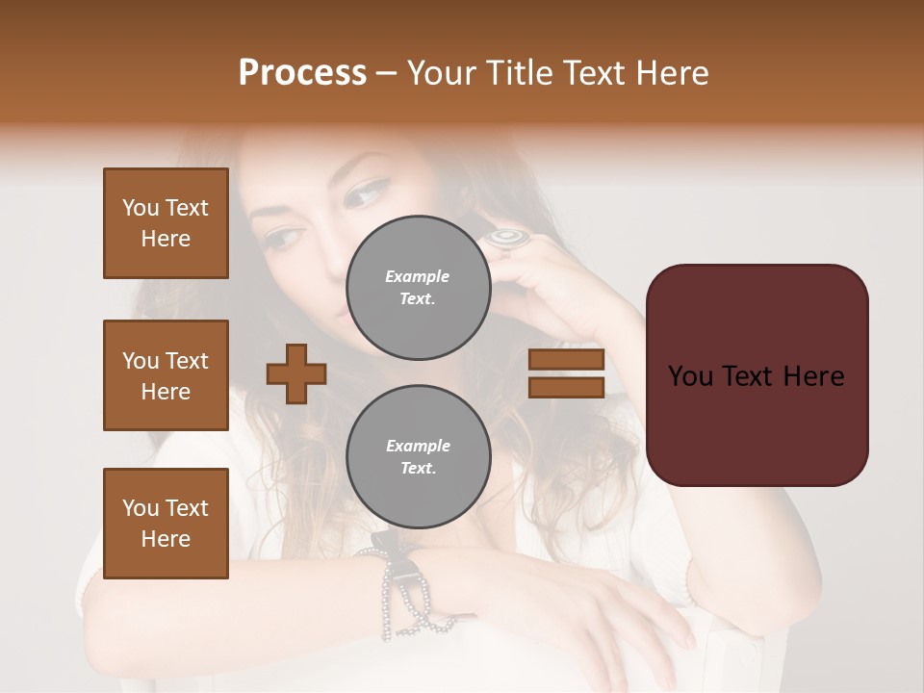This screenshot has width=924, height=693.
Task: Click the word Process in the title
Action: point(302,73)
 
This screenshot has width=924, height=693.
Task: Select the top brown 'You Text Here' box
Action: point(166,223)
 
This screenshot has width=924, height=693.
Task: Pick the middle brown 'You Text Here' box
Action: point(166,375)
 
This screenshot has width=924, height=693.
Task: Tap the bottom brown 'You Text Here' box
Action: point(166,523)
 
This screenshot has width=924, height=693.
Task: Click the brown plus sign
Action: point(295,373)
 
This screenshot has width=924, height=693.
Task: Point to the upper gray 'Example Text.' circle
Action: point(418,288)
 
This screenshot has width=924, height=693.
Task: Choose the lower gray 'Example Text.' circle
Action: point(418,457)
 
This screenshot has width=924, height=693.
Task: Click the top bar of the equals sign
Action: point(566,359)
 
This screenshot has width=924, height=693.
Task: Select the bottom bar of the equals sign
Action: point(566,387)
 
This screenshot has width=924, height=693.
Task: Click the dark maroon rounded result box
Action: point(757,374)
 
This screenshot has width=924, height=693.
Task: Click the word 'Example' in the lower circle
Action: point(418,446)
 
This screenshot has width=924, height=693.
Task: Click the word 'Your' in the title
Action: point(439,73)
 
